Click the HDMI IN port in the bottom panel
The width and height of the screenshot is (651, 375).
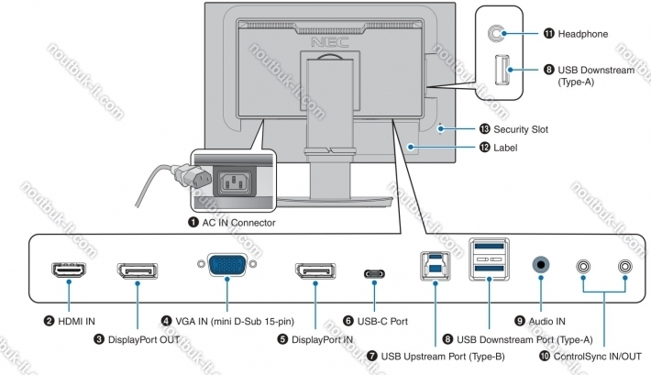tap(69, 272)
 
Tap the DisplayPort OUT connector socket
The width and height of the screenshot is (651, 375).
tap(138, 272)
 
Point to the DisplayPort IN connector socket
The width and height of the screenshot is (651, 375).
tap(315, 272)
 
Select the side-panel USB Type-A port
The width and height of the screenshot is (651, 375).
tap(500, 70)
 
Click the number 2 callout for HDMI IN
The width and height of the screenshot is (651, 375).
tap(49, 321)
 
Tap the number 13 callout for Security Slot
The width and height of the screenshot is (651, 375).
tap(483, 130)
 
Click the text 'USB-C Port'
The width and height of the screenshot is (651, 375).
tap(382, 322)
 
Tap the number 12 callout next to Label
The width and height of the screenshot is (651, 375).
tap(483, 148)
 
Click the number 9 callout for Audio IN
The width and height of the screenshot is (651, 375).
tap(520, 321)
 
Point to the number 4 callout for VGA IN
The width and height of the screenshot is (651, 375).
tap(166, 321)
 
